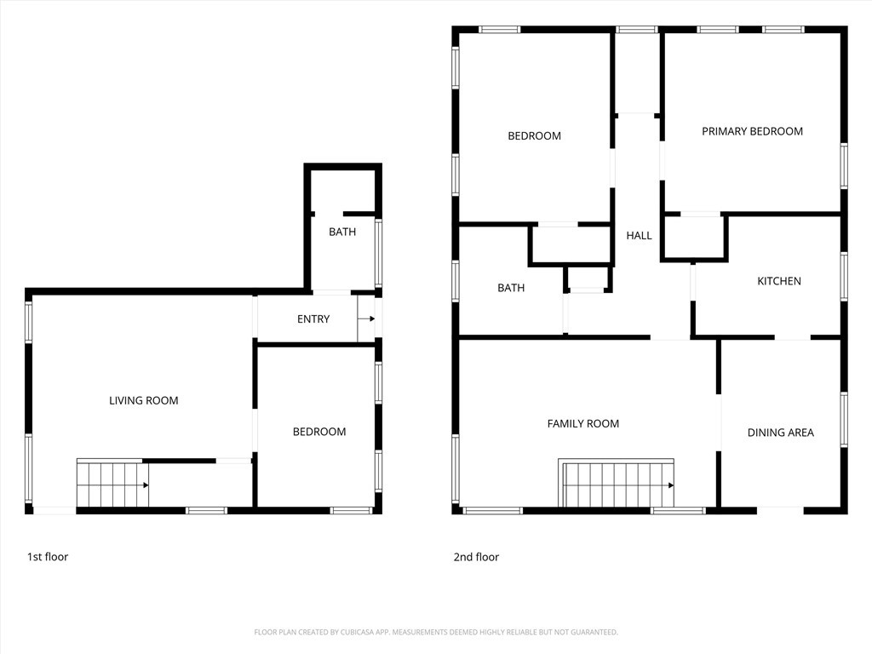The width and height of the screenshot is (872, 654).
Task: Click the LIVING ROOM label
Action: pyautogui.click(x=143, y=400)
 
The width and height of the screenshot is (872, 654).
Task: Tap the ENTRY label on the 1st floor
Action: pyautogui.click(x=313, y=318)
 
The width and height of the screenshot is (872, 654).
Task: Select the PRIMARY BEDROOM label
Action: pyautogui.click(x=752, y=131)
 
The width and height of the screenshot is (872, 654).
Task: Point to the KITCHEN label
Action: pyautogui.click(x=779, y=281)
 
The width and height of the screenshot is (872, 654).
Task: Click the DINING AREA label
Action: pyautogui.click(x=780, y=432)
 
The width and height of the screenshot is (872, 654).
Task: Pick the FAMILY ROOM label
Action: pyautogui.click(x=582, y=423)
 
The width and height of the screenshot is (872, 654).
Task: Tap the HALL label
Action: pyautogui.click(x=639, y=235)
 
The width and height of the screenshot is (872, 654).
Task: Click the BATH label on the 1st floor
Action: pyautogui.click(x=342, y=232)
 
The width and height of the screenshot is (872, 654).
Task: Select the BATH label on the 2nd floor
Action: pyautogui.click(x=511, y=288)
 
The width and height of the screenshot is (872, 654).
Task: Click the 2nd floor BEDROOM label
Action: pyautogui.click(x=534, y=135)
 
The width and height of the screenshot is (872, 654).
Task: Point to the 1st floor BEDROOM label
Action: pyautogui.click(x=319, y=432)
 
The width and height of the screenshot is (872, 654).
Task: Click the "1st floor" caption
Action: pyautogui.click(x=48, y=557)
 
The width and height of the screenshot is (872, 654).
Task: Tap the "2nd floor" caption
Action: pyautogui.click(x=476, y=557)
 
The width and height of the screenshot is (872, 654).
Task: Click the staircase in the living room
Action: pyautogui.click(x=113, y=484)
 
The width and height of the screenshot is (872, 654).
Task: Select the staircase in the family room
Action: pyautogui.click(x=617, y=484)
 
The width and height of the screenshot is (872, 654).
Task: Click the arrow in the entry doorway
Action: pyautogui.click(x=366, y=318)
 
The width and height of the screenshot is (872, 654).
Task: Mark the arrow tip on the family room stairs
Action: pyautogui.click(x=674, y=485)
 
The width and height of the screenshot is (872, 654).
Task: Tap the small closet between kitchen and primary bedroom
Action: pyautogui.click(x=695, y=237)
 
